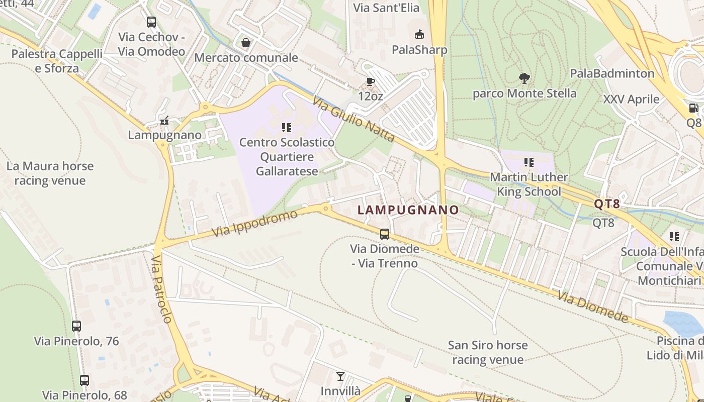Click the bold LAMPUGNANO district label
click(x=408, y=210)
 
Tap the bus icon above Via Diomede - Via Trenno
click(x=384, y=234)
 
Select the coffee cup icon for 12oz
click(x=370, y=81)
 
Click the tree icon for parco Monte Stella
click(x=524, y=78)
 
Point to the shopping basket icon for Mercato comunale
click(x=246, y=43)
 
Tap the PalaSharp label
click(x=419, y=50)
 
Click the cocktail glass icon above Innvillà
click(x=340, y=376)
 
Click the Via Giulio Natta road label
click(x=353, y=120)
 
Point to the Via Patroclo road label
click(x=162, y=289)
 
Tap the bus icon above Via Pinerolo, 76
click(x=76, y=326)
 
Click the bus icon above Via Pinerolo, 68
click(x=84, y=380)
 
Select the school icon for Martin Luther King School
click(x=529, y=162)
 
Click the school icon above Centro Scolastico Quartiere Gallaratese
click(x=287, y=128)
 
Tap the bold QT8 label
click(x=607, y=204)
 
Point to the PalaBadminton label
click(x=612, y=73)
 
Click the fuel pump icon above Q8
click(x=693, y=108)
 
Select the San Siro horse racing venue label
click(x=488, y=352)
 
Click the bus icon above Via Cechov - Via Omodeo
click(x=151, y=22)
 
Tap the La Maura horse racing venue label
click(x=50, y=173)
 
